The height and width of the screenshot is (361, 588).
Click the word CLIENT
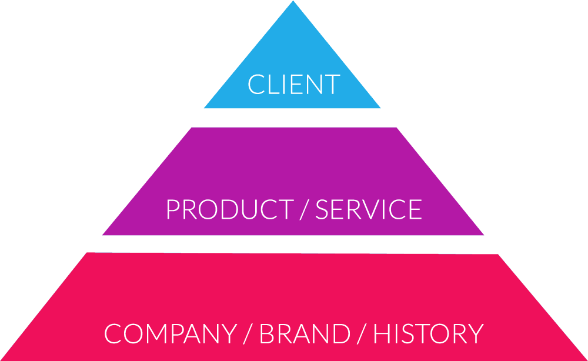click(x=293, y=85)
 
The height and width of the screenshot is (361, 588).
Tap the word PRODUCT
click(x=229, y=210)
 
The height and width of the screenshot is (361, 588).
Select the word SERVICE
click(x=369, y=210)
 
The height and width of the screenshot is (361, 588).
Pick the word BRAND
click(x=305, y=333)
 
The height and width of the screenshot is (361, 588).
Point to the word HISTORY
click(x=428, y=333)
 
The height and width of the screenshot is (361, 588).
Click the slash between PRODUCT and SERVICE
click(x=303, y=210)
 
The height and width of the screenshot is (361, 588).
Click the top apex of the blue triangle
click(x=293, y=2)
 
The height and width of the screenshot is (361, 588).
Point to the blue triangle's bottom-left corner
click(x=205, y=108)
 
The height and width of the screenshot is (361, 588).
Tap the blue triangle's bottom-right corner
click(x=380, y=108)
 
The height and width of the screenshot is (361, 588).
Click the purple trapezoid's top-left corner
click(x=192, y=128)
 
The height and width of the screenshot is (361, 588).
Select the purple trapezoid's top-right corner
click(x=396, y=128)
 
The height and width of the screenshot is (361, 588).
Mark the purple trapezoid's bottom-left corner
click(x=103, y=235)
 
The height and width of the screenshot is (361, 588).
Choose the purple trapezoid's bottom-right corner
click(x=483, y=235)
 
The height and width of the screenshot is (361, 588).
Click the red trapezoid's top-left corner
click(x=88, y=253)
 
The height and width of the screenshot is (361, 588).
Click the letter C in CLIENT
click(x=255, y=85)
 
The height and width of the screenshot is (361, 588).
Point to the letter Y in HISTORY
click(x=474, y=333)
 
